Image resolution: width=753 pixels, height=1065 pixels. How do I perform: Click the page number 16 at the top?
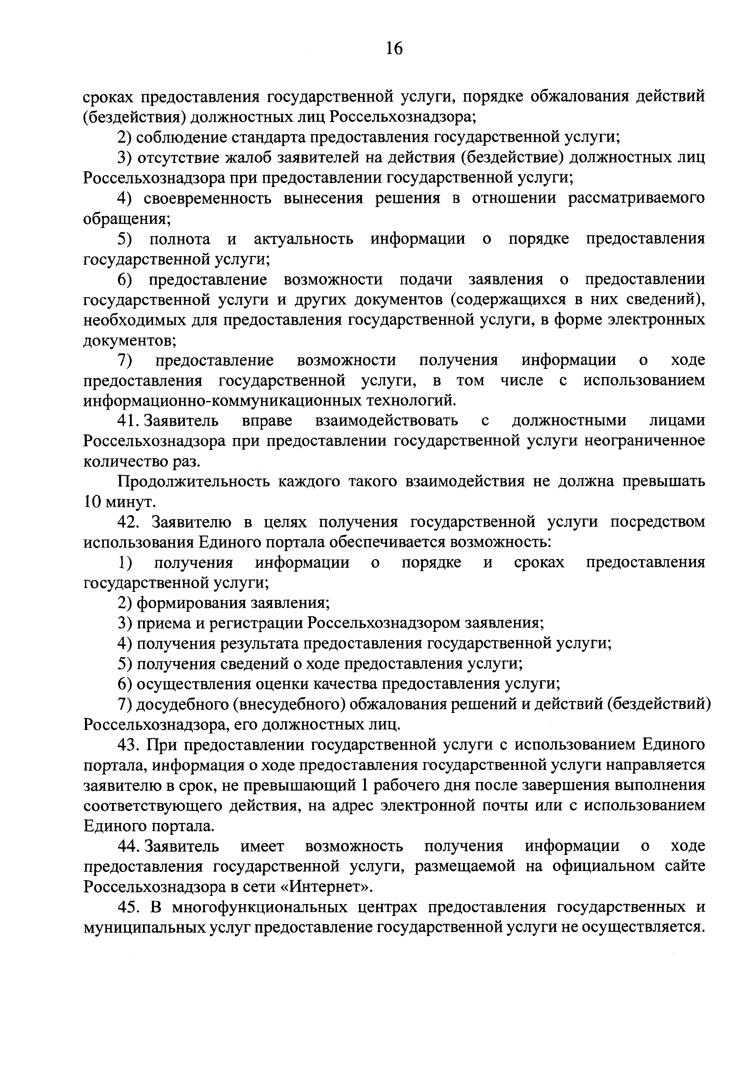394,48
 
